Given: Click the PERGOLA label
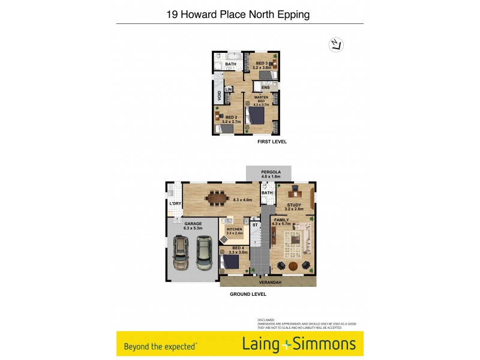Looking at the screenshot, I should coord(271,172).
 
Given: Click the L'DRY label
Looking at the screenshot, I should coord(175,204).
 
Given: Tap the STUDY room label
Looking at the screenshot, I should coord(293,205).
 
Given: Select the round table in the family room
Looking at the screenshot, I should coord(293,266).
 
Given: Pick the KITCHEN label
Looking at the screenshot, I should coord(233,229).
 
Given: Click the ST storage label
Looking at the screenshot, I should coord(254,226).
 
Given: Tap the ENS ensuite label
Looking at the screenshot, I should coord(265,88).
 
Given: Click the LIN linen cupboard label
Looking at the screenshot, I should coord(229,90).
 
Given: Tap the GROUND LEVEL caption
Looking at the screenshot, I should coord(248,295).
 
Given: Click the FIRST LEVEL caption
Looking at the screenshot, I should coord(272,142).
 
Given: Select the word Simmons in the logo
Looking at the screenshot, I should coord(325,344).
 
